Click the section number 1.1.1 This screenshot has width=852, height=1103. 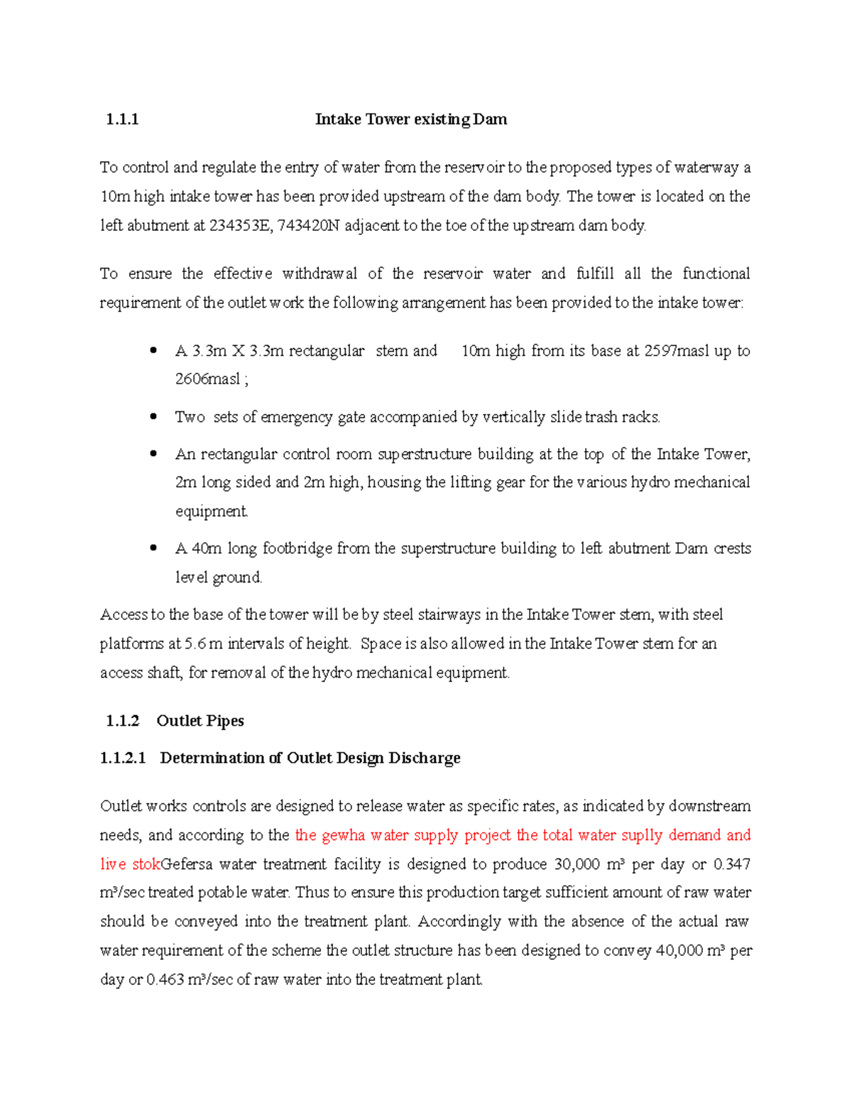click(121, 119)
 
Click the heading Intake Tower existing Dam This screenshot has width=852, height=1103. click(410, 119)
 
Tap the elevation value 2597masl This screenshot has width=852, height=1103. click(676, 351)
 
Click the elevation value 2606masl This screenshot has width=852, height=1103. click(207, 379)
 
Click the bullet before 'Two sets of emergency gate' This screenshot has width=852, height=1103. click(153, 417)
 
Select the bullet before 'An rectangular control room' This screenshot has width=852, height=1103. click(153, 454)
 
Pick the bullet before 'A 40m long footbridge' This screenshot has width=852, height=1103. click(153, 548)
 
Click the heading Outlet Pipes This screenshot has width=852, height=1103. click(200, 721)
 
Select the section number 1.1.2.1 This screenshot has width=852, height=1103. click(123, 758)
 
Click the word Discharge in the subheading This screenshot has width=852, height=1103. click(424, 758)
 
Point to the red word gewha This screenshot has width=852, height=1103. click(344, 835)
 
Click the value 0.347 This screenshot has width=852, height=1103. click(732, 864)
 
